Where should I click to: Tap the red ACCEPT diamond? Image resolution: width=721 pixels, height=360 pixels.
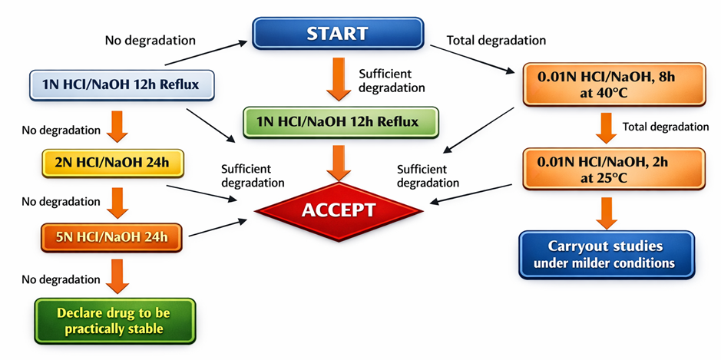(339, 210)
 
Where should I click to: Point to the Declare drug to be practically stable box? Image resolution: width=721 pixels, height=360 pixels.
(114, 321)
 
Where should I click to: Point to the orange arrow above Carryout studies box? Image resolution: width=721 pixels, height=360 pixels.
(607, 212)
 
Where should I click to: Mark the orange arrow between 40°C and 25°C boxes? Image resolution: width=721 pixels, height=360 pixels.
(607, 127)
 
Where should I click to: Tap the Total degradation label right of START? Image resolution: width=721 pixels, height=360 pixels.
(496, 40)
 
